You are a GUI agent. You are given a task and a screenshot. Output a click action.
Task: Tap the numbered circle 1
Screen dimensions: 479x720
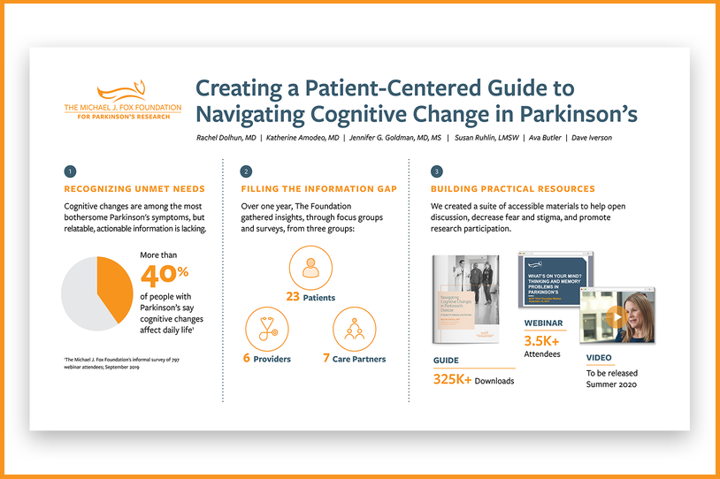click(71, 171)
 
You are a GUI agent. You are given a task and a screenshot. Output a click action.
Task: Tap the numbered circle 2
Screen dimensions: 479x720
click(246, 171)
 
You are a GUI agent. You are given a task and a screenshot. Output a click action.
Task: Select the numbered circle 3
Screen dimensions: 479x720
click(436, 171)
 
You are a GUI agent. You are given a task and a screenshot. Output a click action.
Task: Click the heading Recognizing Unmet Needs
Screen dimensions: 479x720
click(134, 189)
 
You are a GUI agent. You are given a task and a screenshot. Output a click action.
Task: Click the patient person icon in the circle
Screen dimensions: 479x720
click(310, 268)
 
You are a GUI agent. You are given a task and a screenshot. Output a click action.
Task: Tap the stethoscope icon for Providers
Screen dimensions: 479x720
click(266, 329)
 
